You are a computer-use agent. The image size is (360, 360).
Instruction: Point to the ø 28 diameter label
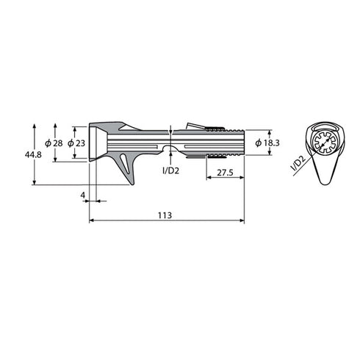click(53, 142)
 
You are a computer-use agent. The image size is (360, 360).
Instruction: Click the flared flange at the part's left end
click(95, 141)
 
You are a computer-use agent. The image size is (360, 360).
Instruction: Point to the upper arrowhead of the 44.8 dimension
click(34, 126)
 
